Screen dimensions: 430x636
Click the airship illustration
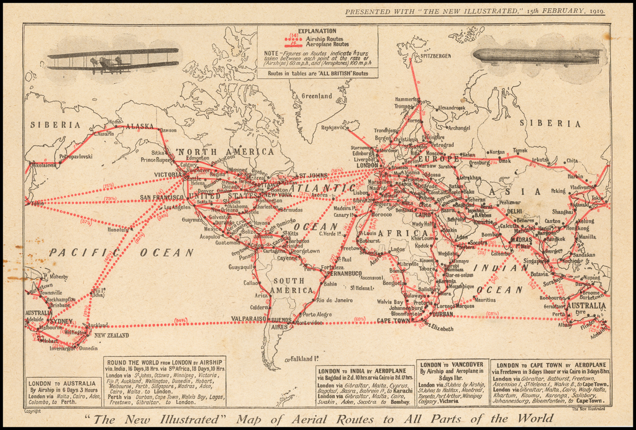tap(538, 56)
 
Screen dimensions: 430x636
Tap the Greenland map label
tap(317, 96)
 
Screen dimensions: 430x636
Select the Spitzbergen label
tap(435, 56)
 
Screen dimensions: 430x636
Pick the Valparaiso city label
tap(250, 318)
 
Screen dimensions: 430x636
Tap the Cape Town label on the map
tap(393, 320)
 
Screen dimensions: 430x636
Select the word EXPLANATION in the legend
tap(317, 30)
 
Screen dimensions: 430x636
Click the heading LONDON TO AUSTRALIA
tap(62, 383)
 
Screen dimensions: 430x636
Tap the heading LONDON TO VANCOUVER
tap(451, 365)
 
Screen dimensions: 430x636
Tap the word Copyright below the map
tap(32, 411)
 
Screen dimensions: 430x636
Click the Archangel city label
tap(458, 128)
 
